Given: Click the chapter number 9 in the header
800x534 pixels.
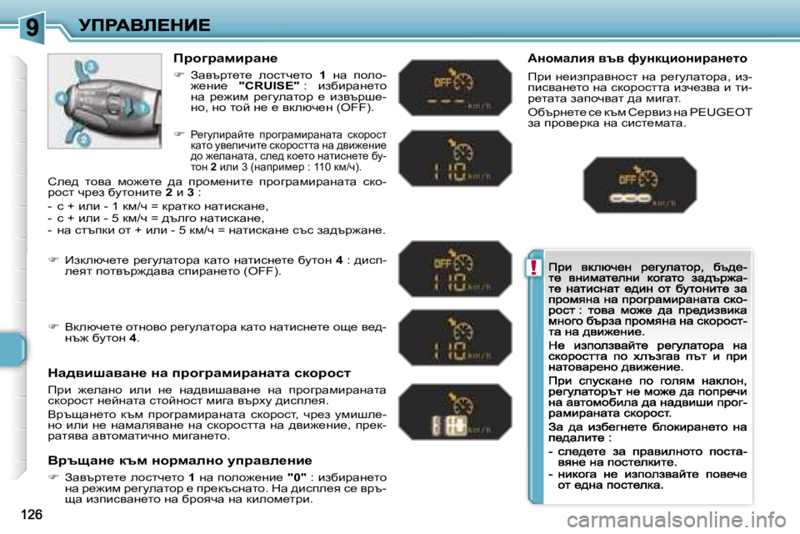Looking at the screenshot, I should click(32, 28).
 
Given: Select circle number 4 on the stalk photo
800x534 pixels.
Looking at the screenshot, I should click(62, 98).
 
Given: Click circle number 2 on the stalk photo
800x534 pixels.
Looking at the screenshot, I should click(84, 138).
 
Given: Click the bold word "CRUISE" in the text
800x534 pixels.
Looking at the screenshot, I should click(268, 85).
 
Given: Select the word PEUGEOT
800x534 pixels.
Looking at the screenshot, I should click(723, 112).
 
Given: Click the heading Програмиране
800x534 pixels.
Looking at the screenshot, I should click(225, 58).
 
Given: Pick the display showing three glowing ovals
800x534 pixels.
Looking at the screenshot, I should click(638, 185).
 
